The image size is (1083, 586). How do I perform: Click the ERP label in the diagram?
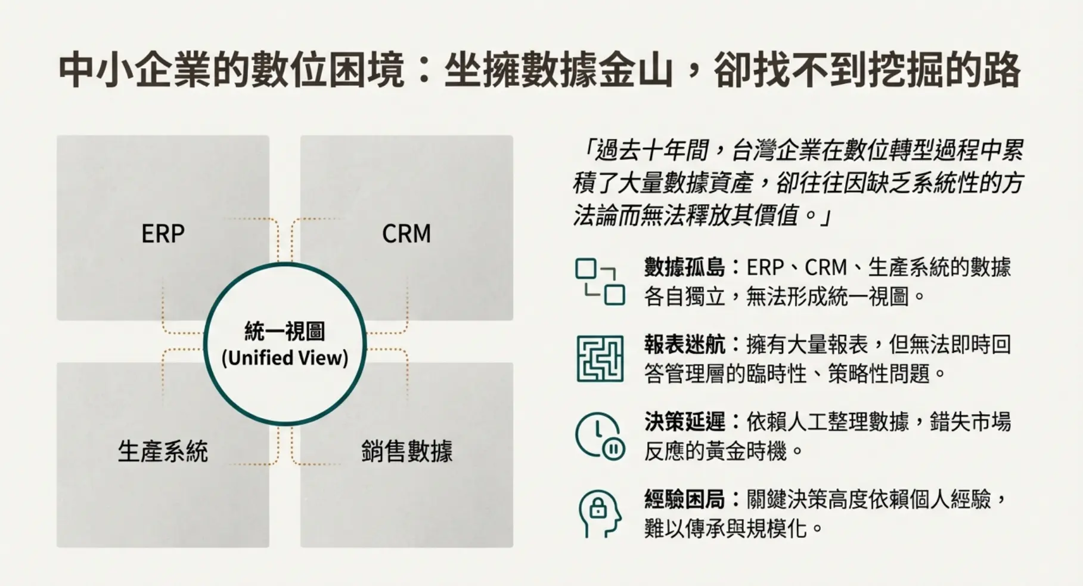(x=163, y=233)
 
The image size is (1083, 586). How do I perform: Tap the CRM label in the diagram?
(x=406, y=233)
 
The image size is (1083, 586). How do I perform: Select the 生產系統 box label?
(x=163, y=451)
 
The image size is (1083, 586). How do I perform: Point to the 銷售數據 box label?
(x=406, y=451)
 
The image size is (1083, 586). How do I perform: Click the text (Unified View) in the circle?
(x=285, y=358)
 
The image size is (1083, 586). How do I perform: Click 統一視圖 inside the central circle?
(x=285, y=331)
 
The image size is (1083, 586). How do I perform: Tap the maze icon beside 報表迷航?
(x=600, y=359)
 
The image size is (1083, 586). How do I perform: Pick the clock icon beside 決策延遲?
(x=599, y=436)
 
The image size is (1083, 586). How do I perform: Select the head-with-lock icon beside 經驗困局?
(x=599, y=513)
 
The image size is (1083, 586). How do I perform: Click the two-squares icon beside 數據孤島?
(x=600, y=282)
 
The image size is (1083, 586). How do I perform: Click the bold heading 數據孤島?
(x=684, y=267)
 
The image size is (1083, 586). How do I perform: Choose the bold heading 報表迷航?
(x=684, y=345)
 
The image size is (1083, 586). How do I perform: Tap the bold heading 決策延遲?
(x=684, y=422)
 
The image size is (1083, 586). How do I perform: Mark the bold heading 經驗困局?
(x=684, y=499)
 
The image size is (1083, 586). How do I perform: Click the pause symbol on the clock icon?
(x=613, y=448)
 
